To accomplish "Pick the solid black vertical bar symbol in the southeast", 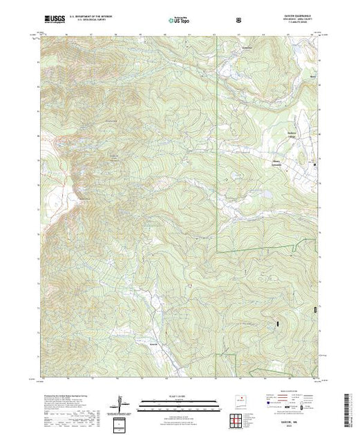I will (277, 322).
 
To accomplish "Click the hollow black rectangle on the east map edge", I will (316, 311).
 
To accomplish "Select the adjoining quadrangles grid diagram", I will (237, 418).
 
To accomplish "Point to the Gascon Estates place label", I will (274, 162).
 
